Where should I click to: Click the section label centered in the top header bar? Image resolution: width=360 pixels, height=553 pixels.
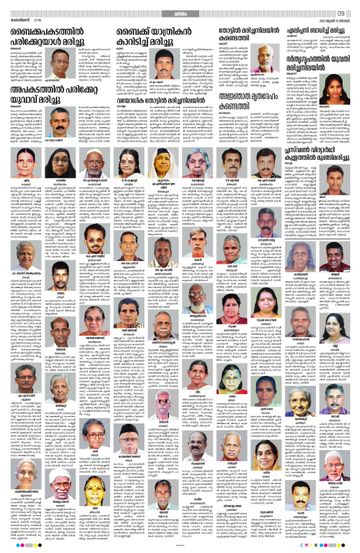(180, 9)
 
